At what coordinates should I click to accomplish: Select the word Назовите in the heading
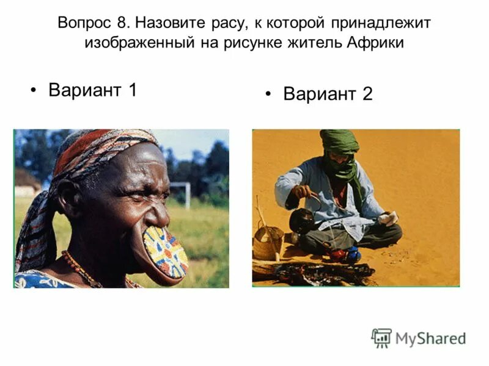168,23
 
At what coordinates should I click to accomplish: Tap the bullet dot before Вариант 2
268,95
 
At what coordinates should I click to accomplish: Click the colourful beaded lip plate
166,251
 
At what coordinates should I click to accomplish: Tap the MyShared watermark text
430,338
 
